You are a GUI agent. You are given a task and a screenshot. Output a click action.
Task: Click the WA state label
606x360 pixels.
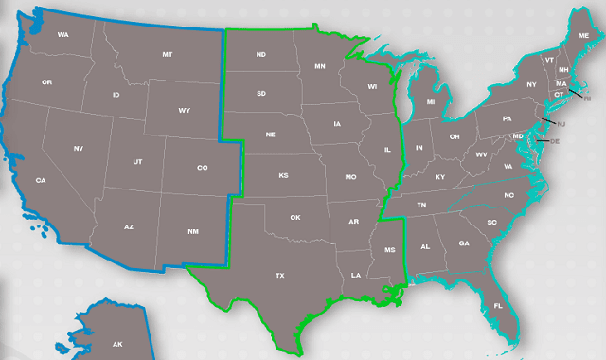pyautogui.click(x=63, y=35)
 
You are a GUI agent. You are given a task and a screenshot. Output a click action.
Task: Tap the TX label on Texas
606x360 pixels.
pyautogui.click(x=280, y=276)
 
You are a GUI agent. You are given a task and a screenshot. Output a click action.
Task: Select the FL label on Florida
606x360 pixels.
pyautogui.click(x=498, y=306)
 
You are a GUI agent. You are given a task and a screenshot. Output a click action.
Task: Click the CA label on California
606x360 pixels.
pyautogui.click(x=41, y=180)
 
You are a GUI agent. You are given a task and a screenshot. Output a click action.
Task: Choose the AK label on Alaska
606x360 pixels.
pyautogui.click(x=117, y=344)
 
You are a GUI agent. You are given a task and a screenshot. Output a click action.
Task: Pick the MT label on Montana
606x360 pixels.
pyautogui.click(x=168, y=55)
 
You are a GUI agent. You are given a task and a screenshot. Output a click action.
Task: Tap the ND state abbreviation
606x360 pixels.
pyautogui.click(x=260, y=55)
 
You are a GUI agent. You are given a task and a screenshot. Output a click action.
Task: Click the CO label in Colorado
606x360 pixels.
pyautogui.click(x=202, y=169)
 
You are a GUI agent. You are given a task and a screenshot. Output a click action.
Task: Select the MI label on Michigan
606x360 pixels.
pyautogui.click(x=430, y=101)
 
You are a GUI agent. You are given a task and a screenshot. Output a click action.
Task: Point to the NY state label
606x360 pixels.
pyautogui.click(x=531, y=85)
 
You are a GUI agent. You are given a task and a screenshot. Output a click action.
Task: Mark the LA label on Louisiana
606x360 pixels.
pyautogui.click(x=355, y=276)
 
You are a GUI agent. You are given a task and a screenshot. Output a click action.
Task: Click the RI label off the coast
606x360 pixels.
pyautogui.click(x=587, y=98)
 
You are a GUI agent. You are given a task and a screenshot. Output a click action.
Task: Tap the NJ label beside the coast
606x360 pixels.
pyautogui.click(x=561, y=125)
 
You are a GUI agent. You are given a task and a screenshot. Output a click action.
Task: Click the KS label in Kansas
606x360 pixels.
pyautogui.click(x=283, y=176)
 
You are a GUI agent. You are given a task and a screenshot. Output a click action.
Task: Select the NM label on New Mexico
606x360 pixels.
pyautogui.click(x=194, y=231)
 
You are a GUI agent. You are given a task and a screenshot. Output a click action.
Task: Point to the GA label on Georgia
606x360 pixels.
pyautogui.click(x=463, y=243)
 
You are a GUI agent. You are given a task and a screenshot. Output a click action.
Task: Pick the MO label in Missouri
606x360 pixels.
pyautogui.click(x=350, y=177)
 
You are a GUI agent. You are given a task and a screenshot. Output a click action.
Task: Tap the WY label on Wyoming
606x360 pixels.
pyautogui.click(x=184, y=111)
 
